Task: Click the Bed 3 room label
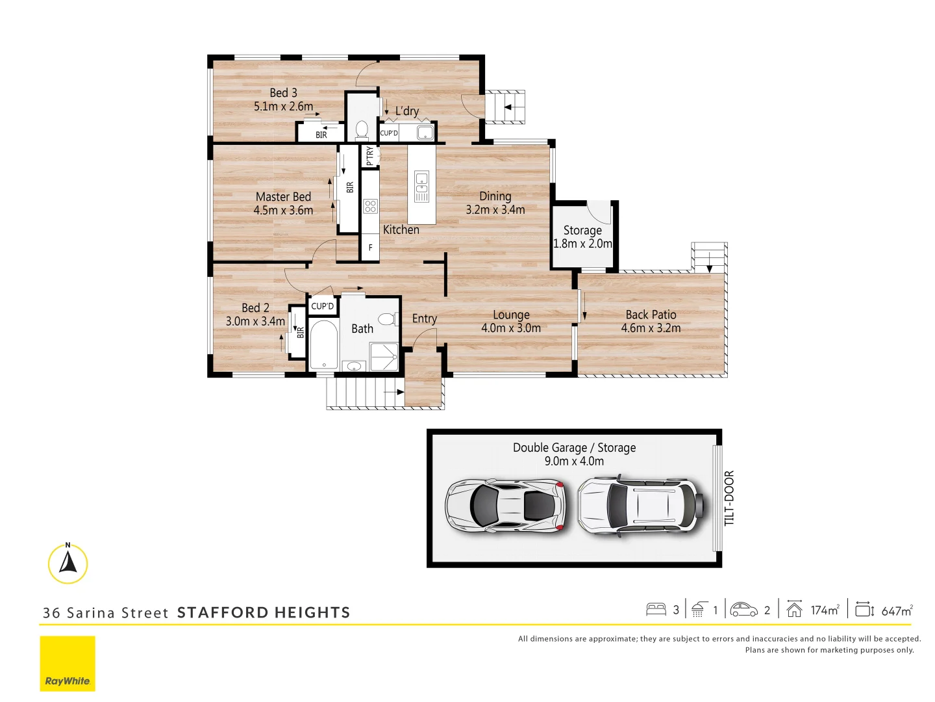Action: [x=283, y=93]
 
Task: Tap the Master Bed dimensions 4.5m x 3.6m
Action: [x=283, y=211]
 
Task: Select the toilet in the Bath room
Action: [x=387, y=319]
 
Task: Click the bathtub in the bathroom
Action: [x=323, y=344]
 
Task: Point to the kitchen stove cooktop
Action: [x=370, y=207]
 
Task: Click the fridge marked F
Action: [x=370, y=248]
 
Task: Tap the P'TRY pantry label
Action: [x=369, y=156]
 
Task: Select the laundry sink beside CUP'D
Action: [x=425, y=133]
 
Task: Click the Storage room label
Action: [x=582, y=230]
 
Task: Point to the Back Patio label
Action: [x=651, y=315]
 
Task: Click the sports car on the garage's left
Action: [x=505, y=506]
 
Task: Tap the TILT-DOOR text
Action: [x=729, y=498]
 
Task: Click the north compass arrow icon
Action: [x=68, y=563]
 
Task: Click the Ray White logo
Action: [x=68, y=663]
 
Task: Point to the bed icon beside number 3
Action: [x=656, y=610]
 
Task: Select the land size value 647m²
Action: [x=897, y=610]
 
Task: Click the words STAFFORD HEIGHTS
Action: [x=264, y=612]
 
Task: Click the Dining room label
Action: [x=495, y=196]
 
